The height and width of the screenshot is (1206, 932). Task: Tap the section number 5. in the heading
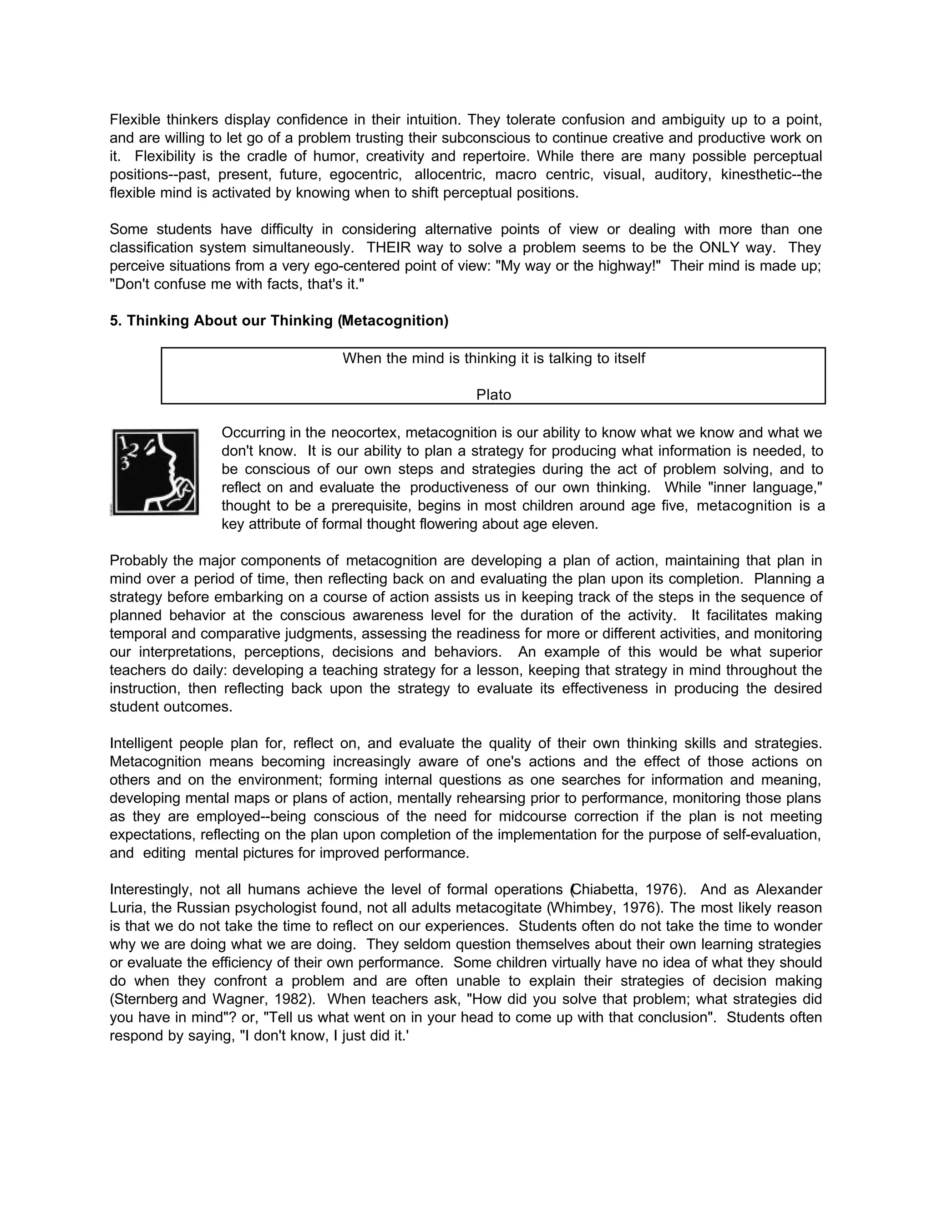click(116, 321)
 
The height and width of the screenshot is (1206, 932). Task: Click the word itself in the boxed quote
click(629, 358)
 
